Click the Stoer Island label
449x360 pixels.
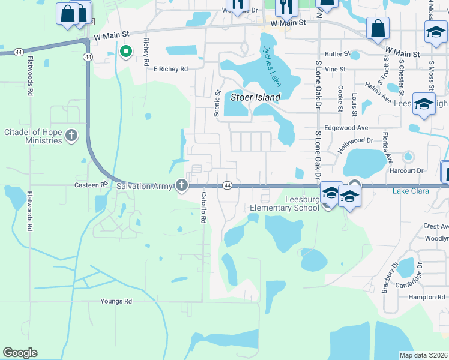pyautogui.click(x=256, y=97)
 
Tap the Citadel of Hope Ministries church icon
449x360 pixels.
pyautogui.click(x=71, y=135)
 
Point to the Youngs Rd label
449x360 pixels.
pyautogui.click(x=116, y=301)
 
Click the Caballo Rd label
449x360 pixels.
pyautogui.click(x=203, y=208)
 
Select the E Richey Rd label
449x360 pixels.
pyautogui.click(x=171, y=69)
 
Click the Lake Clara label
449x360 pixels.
pyautogui.click(x=412, y=191)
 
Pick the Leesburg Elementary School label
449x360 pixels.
pyautogui.click(x=285, y=203)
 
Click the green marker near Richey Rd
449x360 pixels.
pyautogui.click(x=126, y=52)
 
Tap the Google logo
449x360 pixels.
pyautogui.click(x=20, y=353)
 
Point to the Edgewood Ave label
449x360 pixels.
pyautogui.click(x=346, y=128)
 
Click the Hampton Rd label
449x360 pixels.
pyautogui.click(x=425, y=297)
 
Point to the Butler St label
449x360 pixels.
pyautogui.click(x=338, y=54)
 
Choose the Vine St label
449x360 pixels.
pyautogui.click(x=335, y=70)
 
